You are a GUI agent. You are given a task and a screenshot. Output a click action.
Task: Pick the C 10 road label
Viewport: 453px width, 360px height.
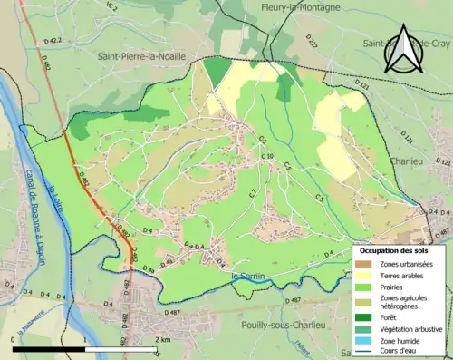tap(267, 157)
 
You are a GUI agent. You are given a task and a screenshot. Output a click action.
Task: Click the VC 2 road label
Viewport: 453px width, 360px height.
tap(111, 7)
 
